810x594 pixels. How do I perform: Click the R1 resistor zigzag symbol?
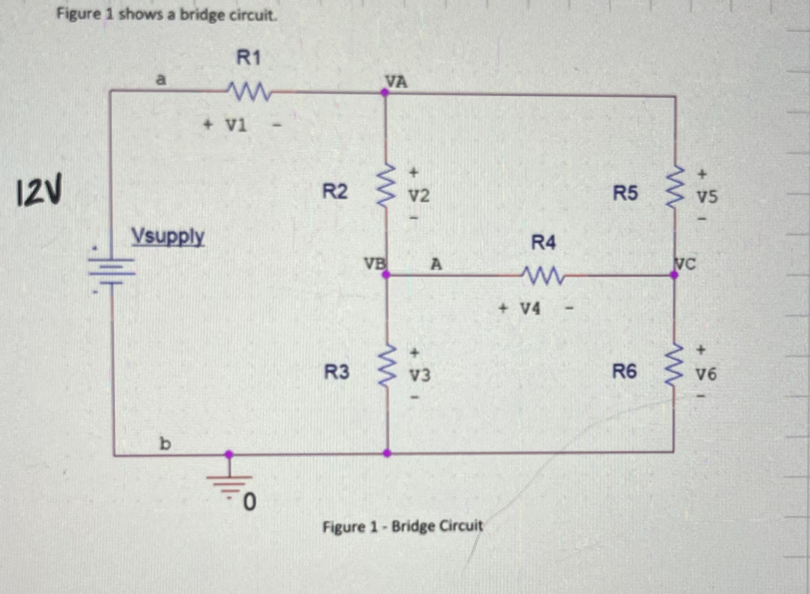[x=249, y=92]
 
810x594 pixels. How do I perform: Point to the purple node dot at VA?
[x=385, y=93]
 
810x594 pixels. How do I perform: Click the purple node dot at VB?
[x=386, y=274]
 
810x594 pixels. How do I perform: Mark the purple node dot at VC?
[x=674, y=274]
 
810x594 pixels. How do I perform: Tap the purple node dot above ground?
[x=229, y=454]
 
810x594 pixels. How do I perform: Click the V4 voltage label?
[x=530, y=309]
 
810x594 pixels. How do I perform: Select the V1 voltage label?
[x=236, y=126]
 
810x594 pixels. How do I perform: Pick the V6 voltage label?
[x=706, y=374]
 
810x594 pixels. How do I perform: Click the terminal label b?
[x=165, y=443]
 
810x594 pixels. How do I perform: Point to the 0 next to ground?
[x=249, y=502]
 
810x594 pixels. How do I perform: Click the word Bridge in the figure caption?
[x=411, y=526]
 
